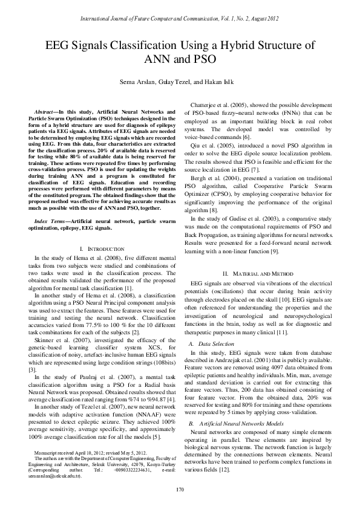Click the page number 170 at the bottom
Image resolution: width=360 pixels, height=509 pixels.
point(180,488)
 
